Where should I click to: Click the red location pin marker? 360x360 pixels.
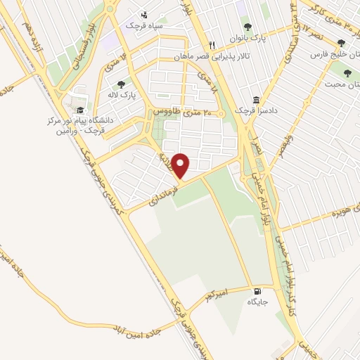181,165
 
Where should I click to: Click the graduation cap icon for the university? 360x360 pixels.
80,110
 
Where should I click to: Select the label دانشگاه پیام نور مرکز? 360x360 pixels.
77,121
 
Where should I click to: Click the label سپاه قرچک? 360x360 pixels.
143,25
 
